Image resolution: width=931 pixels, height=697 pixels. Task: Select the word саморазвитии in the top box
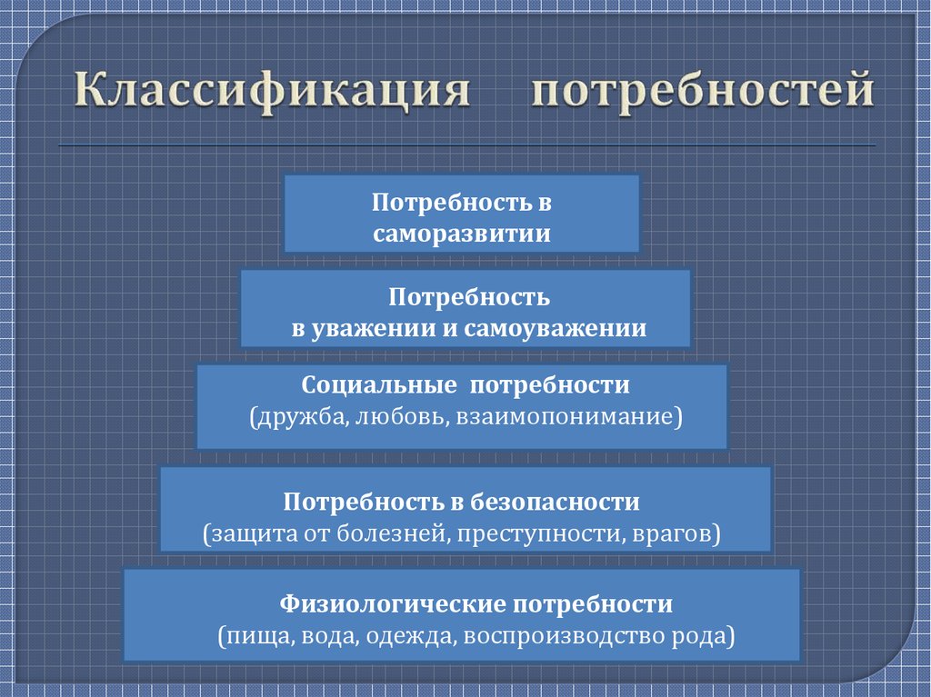(462, 234)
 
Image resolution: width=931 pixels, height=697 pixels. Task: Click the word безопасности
(556, 501)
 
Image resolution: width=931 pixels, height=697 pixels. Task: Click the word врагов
(674, 533)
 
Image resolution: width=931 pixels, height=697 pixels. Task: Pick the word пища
(255, 635)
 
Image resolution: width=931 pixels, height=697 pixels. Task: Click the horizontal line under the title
(466, 145)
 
